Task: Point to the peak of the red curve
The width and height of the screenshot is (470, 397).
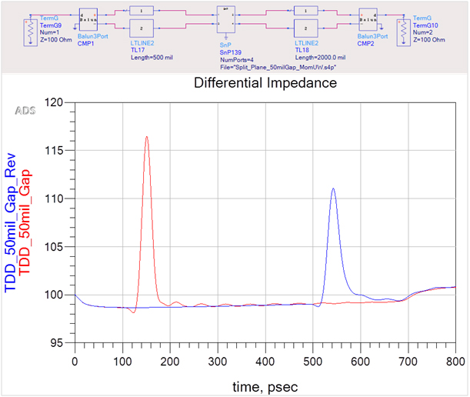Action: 146,137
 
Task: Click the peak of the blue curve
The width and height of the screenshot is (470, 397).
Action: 333,188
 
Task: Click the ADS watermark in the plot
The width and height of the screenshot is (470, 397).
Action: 25,111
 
